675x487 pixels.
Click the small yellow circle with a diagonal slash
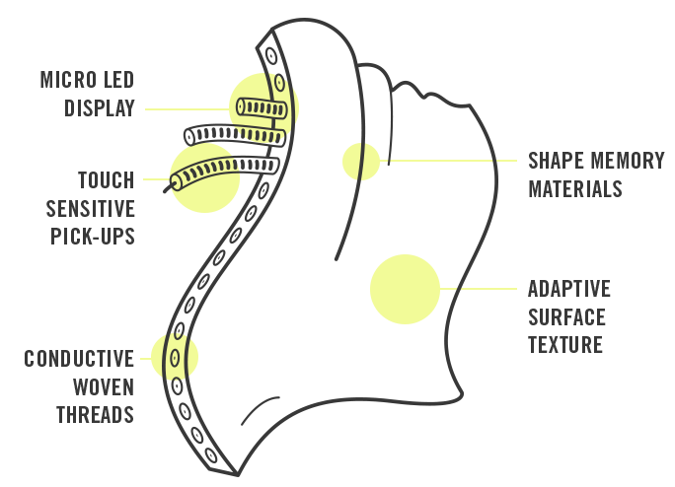click(361, 162)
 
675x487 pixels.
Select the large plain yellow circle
click(405, 289)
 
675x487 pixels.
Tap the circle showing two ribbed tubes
click(263, 107)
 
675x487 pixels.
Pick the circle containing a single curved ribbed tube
click(204, 177)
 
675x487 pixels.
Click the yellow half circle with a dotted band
click(182, 356)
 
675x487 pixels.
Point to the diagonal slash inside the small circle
click(362, 162)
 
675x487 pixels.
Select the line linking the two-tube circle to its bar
click(194, 108)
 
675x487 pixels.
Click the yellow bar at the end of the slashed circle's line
click(508, 162)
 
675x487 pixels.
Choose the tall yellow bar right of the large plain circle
click(507, 289)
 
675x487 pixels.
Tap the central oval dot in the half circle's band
click(177, 356)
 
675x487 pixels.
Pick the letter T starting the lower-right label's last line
click(534, 345)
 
